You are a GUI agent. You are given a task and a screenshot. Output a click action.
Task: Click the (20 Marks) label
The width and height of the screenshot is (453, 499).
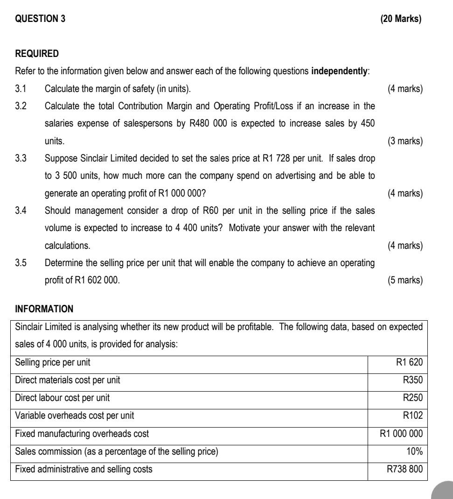401,19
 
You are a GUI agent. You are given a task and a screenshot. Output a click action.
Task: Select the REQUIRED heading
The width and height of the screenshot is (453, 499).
37,54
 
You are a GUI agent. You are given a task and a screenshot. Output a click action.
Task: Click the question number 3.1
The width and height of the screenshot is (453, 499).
21,89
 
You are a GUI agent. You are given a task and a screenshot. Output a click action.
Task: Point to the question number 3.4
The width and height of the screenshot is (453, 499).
21,211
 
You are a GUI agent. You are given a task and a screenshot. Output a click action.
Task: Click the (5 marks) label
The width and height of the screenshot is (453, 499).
405,280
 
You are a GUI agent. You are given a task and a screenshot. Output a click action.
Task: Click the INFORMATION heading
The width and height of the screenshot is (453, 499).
44,309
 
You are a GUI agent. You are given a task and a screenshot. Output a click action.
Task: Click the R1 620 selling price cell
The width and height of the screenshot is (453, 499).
409,362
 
